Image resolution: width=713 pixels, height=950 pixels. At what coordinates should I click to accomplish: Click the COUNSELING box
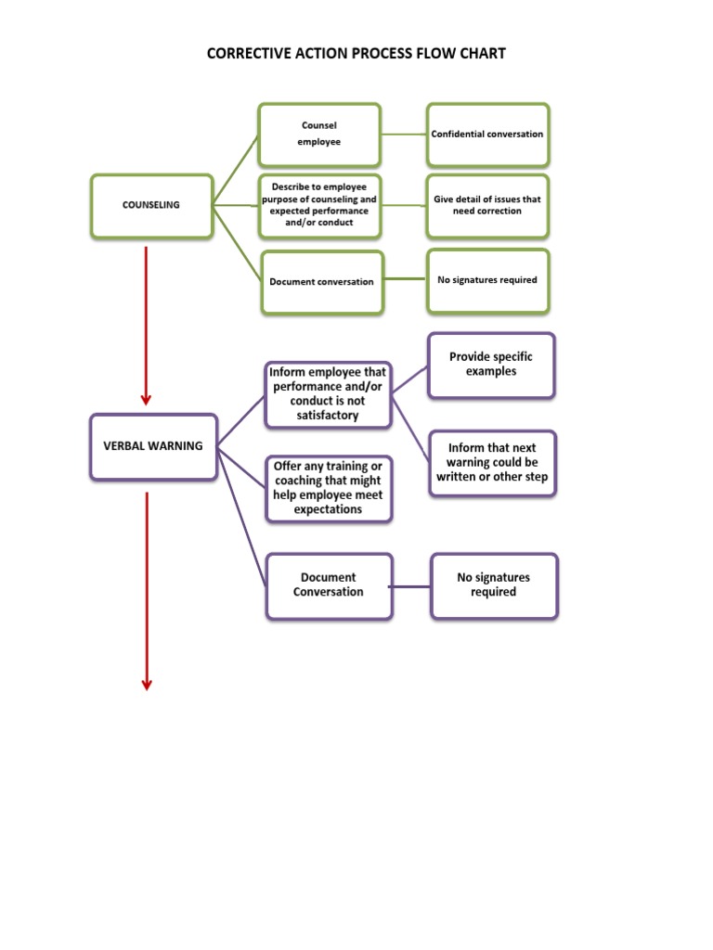coord(151,205)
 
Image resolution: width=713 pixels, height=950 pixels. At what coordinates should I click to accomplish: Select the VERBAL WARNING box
coord(153,446)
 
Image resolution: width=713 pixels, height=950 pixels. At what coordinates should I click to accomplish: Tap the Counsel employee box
coord(319,135)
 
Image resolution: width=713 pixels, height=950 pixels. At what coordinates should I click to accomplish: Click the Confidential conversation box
coord(487,135)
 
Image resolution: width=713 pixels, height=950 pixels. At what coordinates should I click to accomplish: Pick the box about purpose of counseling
coord(319,204)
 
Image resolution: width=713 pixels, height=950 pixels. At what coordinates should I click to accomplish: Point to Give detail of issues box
coord(487,205)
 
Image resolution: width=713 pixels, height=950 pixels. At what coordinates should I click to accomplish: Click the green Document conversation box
coord(321,282)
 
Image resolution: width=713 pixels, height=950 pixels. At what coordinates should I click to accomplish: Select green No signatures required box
coord(487,280)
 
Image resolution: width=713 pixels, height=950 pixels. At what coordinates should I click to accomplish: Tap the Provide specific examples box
coord(491,365)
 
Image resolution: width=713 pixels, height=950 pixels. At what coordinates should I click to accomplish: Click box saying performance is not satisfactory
coord(327,394)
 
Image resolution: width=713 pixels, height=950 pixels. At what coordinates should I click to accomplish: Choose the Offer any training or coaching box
coord(328,488)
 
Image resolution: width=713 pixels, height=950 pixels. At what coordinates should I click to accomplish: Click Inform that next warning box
coord(492,463)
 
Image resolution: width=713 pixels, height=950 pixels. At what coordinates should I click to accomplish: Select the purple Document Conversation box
coord(329,585)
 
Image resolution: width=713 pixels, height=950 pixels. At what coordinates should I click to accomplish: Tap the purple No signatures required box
coord(493,585)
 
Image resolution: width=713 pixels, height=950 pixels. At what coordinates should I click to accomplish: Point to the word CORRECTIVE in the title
coord(246,54)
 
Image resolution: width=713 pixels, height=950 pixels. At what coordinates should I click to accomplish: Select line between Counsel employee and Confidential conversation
coord(403,135)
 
